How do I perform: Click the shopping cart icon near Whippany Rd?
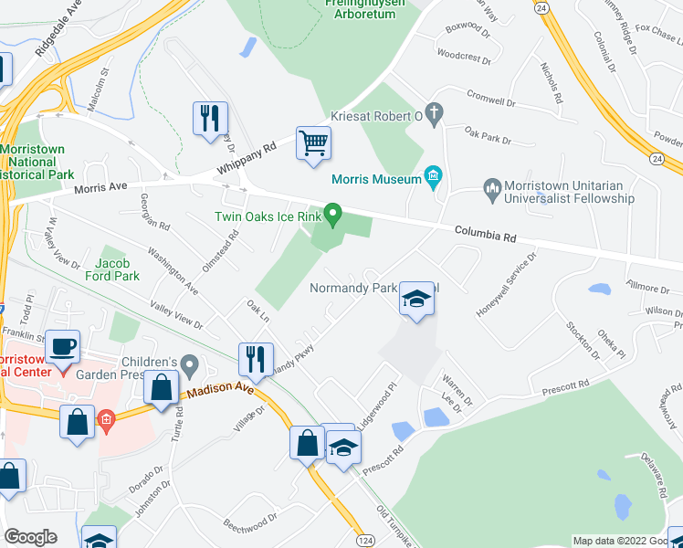tap(313, 142)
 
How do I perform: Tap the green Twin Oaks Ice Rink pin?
tap(333, 216)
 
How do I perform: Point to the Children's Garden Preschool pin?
tap(190, 366)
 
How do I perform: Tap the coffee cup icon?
tap(63, 348)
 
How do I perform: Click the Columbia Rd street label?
tap(486, 236)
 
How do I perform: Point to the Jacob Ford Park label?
tap(111, 258)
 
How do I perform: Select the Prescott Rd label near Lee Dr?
tap(562, 385)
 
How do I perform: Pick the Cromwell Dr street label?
tap(491, 95)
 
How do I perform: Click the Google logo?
tap(30, 537)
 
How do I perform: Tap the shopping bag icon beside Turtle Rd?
tap(161, 387)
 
